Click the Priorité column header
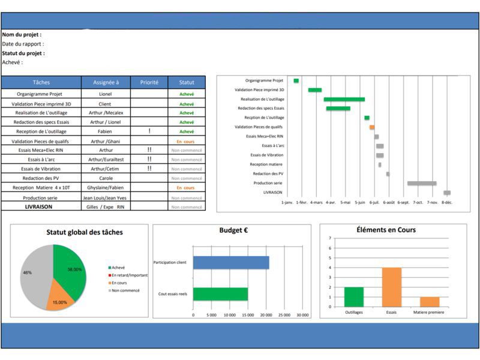[149, 82]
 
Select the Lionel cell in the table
[106, 94]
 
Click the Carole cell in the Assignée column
[106, 178]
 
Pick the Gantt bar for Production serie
[422, 183]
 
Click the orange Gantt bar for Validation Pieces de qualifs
[372, 127]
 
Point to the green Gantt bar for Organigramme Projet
[296, 80]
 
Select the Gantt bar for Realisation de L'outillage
[344, 99]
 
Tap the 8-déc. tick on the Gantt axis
[447, 203]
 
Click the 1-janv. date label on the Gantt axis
[288, 203]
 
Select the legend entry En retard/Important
[130, 275]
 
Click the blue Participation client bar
[231, 262]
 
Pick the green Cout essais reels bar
[220, 294]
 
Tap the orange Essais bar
[392, 287]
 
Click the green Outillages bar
[354, 296]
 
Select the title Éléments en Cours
[386, 230]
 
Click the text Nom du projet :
[22, 35]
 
